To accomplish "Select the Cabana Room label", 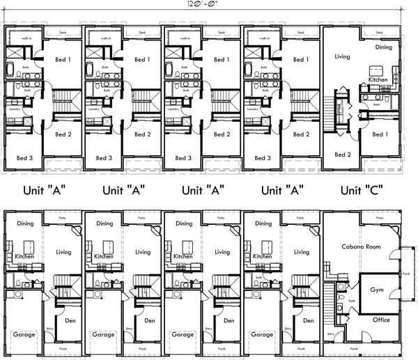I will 366,246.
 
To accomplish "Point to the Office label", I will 381,320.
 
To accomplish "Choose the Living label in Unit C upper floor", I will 342,57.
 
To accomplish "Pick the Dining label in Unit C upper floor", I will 383,48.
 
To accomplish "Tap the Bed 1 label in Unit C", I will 379,134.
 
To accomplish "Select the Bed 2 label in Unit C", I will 342,155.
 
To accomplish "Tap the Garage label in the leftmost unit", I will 24,335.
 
